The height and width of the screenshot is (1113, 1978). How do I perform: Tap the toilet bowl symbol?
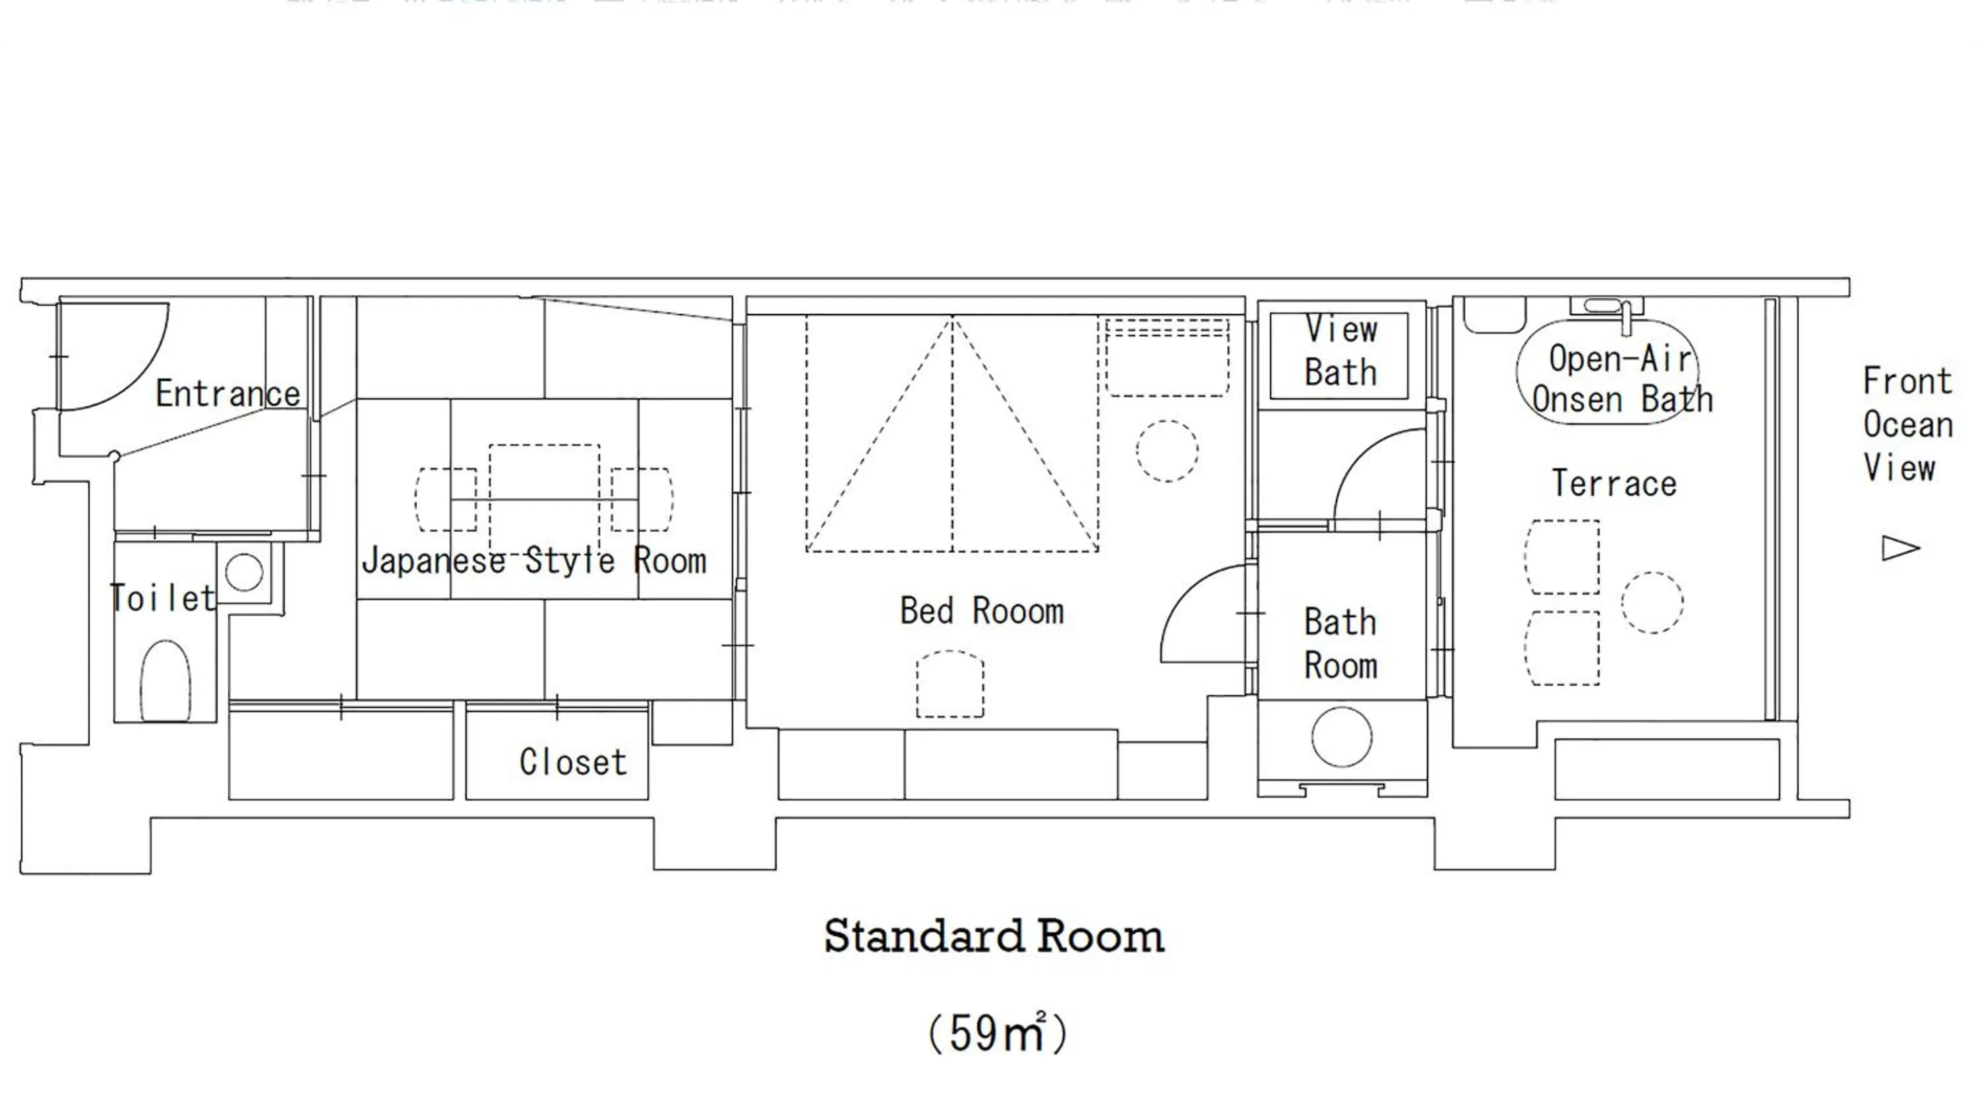point(165,680)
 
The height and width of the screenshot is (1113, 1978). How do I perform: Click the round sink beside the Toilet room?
point(244,572)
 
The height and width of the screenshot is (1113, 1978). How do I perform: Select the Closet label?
point(573,762)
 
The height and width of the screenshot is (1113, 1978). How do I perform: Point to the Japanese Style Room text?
point(533,560)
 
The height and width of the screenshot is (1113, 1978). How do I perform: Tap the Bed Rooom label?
point(981,611)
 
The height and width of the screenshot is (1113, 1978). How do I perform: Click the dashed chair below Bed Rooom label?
point(950,684)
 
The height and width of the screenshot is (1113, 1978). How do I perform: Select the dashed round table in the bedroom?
point(1166,451)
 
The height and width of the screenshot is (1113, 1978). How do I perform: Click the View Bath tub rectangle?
point(1339,355)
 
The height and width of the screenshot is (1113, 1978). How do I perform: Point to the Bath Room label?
point(1340,644)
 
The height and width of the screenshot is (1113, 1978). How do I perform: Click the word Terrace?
point(1614,484)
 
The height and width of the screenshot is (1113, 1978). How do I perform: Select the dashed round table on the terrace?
point(1652,603)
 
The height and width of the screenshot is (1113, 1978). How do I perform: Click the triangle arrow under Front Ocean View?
point(1899,548)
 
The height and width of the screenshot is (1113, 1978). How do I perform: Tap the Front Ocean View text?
point(1907,424)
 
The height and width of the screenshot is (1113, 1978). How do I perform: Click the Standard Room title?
point(994,936)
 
